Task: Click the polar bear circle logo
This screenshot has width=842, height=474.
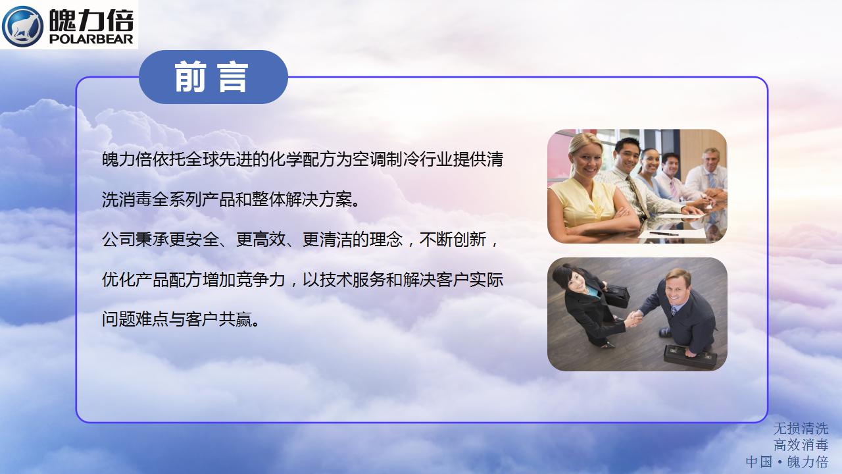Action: click(22, 26)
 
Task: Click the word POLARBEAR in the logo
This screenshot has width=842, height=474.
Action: click(91, 39)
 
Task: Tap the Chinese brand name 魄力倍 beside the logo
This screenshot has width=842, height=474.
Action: click(91, 20)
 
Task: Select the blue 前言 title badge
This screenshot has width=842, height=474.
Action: click(213, 77)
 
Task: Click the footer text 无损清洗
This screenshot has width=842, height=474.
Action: click(801, 429)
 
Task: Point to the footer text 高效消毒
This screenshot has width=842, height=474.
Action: click(801, 445)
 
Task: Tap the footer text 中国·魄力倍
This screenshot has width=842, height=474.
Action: click(787, 462)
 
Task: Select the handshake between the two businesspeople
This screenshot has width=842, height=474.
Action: click(633, 318)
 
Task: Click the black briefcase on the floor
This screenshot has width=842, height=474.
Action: click(690, 356)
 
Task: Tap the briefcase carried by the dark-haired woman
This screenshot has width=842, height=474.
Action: click(616, 296)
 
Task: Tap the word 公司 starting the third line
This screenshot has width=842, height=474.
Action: click(118, 239)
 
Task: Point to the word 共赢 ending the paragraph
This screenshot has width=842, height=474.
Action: click(235, 320)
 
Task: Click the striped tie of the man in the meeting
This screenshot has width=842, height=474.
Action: click(637, 196)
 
